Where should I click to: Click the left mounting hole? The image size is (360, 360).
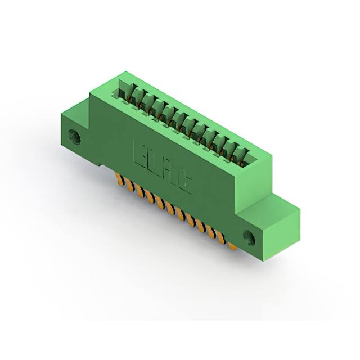click(74, 136)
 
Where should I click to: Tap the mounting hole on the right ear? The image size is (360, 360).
click(248, 236)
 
